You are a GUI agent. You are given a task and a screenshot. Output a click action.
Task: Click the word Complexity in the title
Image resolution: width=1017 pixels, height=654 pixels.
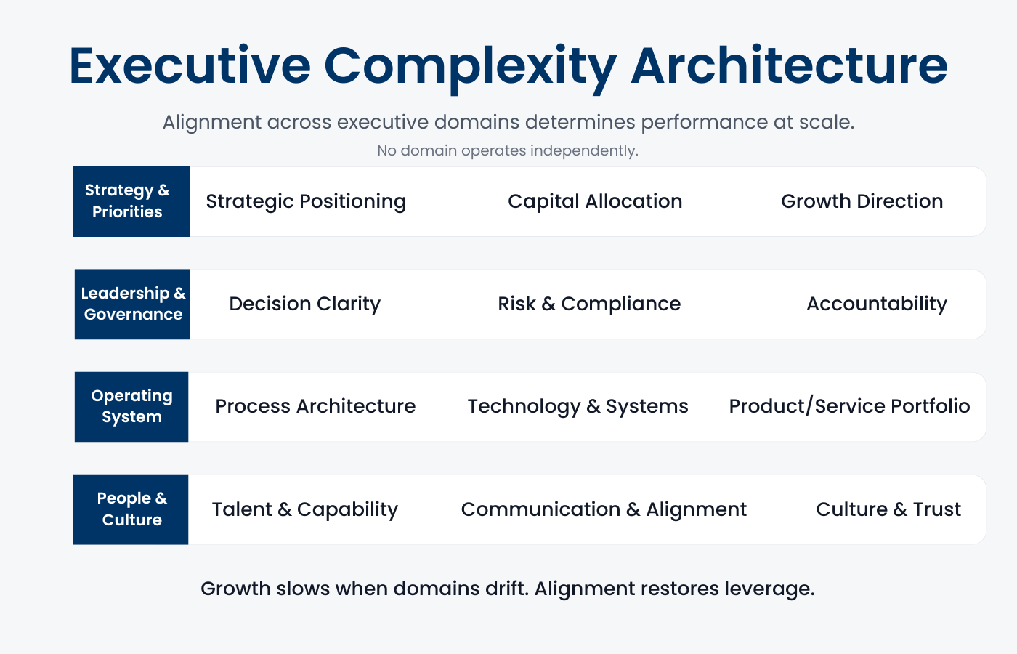point(470,66)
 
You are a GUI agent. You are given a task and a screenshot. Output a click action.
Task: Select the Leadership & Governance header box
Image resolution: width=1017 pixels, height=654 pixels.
point(132,304)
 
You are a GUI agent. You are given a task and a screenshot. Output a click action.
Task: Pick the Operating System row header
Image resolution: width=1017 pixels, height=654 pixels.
point(131,406)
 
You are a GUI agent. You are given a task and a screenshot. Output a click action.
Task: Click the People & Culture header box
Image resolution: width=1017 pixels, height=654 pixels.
point(131,509)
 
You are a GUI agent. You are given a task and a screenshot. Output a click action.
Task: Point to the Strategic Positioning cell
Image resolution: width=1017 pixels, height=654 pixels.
point(306,201)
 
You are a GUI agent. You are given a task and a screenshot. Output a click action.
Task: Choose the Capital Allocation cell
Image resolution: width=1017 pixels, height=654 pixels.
point(595,201)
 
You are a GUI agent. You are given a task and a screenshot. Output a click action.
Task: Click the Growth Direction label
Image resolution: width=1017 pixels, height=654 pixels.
point(862,201)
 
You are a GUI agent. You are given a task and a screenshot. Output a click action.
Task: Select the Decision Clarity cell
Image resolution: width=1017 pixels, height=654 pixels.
point(304,304)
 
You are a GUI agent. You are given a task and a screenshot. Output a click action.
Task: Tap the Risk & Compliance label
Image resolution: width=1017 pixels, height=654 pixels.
point(589,304)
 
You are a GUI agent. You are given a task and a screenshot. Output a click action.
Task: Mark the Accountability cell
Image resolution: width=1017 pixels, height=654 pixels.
point(876,304)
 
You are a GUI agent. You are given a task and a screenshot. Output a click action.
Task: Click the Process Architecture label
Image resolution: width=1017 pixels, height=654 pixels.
point(315,406)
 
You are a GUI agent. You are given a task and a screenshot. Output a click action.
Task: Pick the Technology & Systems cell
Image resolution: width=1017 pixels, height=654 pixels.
point(578,406)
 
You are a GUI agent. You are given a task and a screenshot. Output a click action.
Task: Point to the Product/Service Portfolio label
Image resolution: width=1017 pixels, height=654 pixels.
point(849,406)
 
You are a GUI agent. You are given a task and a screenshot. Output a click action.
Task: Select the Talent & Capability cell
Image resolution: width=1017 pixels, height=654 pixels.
point(305,509)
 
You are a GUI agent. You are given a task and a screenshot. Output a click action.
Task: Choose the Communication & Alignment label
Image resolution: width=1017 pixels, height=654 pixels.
point(604,509)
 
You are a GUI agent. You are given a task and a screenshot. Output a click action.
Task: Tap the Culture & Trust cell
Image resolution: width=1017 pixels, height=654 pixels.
point(888,509)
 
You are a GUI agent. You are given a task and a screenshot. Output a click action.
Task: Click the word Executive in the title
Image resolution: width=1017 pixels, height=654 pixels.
point(190,66)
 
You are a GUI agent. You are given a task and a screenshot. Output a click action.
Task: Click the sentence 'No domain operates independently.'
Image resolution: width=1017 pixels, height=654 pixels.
point(508,150)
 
